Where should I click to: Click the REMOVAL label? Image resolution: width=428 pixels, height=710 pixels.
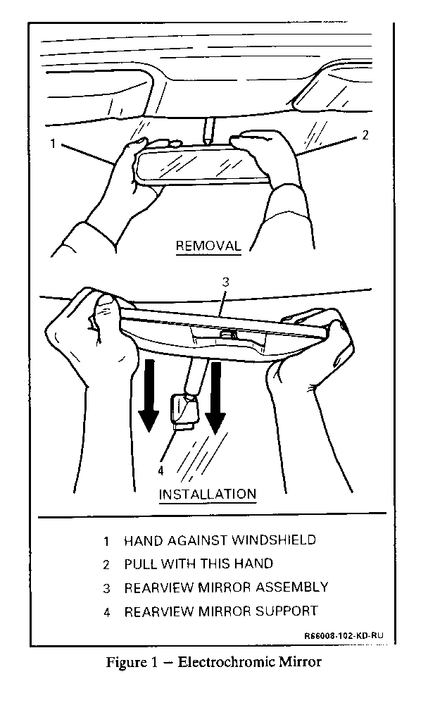(208, 247)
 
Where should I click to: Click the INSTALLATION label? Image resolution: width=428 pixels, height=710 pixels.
(208, 494)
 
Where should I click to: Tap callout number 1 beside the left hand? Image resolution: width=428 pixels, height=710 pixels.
(53, 144)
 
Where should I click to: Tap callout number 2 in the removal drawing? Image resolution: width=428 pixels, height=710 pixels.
(365, 135)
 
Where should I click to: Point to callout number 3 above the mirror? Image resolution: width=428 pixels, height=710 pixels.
(226, 282)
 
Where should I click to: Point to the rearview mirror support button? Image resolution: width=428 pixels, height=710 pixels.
(185, 411)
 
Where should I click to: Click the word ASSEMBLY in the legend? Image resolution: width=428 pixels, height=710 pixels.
(292, 587)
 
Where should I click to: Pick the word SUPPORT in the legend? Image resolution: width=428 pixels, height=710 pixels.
(287, 611)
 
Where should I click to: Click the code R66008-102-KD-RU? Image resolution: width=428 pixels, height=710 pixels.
(344, 636)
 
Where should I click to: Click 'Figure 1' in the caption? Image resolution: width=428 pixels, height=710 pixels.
(132, 663)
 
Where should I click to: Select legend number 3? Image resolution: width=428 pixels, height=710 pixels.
(106, 588)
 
